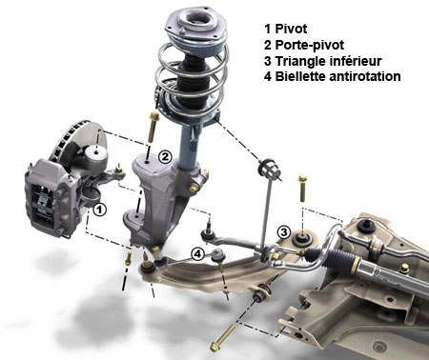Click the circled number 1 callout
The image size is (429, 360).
(x=99, y=210)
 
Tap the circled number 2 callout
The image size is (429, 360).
(x=165, y=156)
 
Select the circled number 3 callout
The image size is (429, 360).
(x=283, y=232)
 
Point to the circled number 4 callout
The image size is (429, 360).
(x=197, y=254)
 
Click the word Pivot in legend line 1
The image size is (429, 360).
(x=291, y=29)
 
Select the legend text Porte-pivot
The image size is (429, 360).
(x=309, y=45)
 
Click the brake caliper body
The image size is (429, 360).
(x=51, y=197)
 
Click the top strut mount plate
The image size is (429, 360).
(x=196, y=24)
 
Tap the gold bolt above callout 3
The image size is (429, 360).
(x=302, y=188)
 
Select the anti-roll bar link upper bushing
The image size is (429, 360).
(x=270, y=169)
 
